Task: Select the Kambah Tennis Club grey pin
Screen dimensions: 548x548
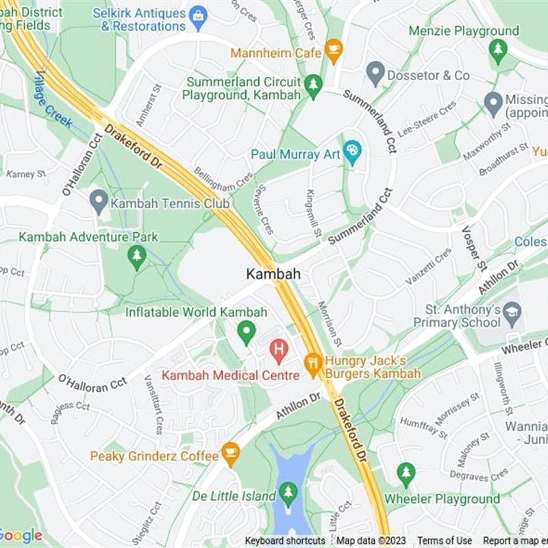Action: point(99,201)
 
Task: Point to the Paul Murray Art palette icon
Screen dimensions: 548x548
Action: point(352,152)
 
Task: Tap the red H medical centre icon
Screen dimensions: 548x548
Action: point(279,351)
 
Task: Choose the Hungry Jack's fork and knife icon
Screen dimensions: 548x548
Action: point(313,364)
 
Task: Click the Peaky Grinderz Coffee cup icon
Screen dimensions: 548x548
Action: point(230,453)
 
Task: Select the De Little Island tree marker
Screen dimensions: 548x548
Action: point(288,494)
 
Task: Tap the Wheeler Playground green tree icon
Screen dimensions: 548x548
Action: point(406,473)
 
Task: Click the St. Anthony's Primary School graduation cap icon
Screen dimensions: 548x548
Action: point(512,314)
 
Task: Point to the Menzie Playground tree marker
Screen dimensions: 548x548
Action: point(498,50)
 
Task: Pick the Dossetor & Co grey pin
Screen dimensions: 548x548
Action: point(375,73)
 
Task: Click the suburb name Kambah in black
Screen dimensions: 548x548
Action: point(273,274)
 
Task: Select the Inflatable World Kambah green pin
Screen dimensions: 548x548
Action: point(246,333)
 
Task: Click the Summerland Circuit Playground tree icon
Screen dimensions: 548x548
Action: point(313,86)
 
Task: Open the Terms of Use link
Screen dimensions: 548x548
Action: point(445,540)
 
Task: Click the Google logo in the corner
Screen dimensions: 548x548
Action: point(21,536)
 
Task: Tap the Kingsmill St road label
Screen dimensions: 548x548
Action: point(314,212)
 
